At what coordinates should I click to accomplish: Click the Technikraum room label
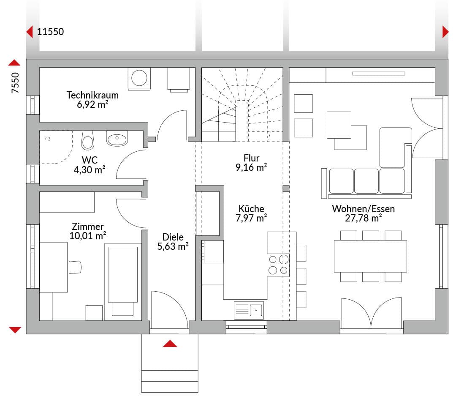tap(92, 95)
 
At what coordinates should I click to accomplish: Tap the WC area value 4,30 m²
tap(89, 169)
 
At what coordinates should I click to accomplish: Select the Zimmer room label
tap(87, 227)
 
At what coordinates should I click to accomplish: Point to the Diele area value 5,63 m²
tap(173, 246)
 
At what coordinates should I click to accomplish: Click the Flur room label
tap(251, 158)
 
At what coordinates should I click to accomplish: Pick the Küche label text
tap(251, 209)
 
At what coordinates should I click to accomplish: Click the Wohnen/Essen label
tap(363, 209)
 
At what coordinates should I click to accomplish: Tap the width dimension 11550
tap(50, 31)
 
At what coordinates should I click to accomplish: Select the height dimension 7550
tap(15, 83)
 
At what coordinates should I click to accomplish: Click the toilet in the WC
tap(87, 140)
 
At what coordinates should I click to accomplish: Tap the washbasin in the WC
tap(117, 138)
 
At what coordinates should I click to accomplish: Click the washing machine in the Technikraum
tap(139, 78)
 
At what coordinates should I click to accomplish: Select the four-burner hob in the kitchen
tap(278, 265)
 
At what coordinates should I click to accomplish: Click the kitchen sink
tap(249, 310)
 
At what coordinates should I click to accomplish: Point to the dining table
tap(370, 256)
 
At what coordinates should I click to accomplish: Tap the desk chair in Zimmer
tap(75, 267)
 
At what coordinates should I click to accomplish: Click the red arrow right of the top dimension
tap(445, 32)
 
